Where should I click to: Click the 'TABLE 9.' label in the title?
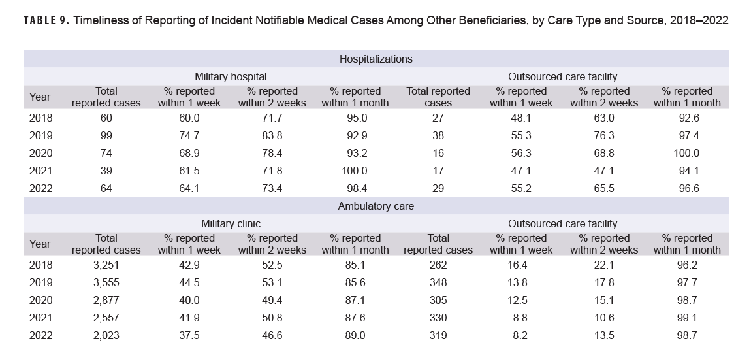pyautogui.click(x=45, y=21)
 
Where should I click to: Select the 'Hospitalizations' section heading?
pyautogui.click(x=375, y=59)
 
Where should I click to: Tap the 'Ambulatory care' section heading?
pyautogui.click(x=375, y=206)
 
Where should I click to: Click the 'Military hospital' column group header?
pyautogui.click(x=231, y=76)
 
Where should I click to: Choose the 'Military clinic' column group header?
pyautogui.click(x=231, y=223)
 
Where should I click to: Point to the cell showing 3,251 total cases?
pyautogui.click(x=106, y=265)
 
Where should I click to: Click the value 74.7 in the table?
pyautogui.click(x=189, y=135)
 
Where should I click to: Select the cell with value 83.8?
pyautogui.click(x=272, y=135)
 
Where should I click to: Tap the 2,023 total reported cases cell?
pyautogui.click(x=106, y=335)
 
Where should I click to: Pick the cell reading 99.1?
pyautogui.click(x=687, y=318)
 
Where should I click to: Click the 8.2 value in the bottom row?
pyautogui.click(x=520, y=335)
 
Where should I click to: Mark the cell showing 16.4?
pyautogui.click(x=520, y=265)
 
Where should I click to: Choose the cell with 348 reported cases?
pyautogui.click(x=438, y=282)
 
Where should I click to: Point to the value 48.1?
pyautogui.click(x=520, y=118)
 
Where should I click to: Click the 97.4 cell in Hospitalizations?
pyautogui.click(x=687, y=135)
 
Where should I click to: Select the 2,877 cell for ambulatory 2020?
pyautogui.click(x=106, y=300)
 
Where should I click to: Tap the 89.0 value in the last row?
pyautogui.click(x=355, y=335)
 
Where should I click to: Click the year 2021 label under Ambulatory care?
pyautogui.click(x=40, y=318)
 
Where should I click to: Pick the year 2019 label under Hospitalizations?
pyautogui.click(x=40, y=135)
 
